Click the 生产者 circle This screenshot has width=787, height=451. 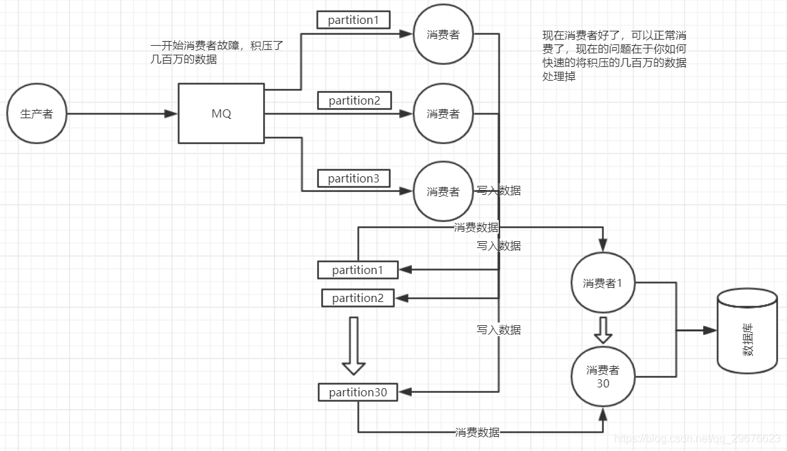point(37,114)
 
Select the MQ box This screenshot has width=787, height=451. point(221,113)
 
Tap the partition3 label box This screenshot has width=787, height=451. point(353,178)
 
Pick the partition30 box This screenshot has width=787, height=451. point(357,392)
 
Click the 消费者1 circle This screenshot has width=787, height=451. point(603,284)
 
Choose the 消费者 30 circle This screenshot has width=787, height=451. point(603,377)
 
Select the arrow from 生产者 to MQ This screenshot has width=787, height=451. point(123,114)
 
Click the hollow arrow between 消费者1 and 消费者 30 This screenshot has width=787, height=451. point(603,329)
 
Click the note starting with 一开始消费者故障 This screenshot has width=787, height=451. point(217,53)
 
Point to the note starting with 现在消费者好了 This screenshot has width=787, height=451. point(614,56)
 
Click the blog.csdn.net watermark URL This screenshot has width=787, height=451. point(697,438)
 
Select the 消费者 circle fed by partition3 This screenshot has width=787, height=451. point(443,191)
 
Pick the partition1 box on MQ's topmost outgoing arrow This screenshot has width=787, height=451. point(353,20)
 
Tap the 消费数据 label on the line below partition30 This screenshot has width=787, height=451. point(478,432)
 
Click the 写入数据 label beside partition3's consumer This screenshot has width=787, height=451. point(499,191)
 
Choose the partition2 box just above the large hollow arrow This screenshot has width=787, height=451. point(357,298)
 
